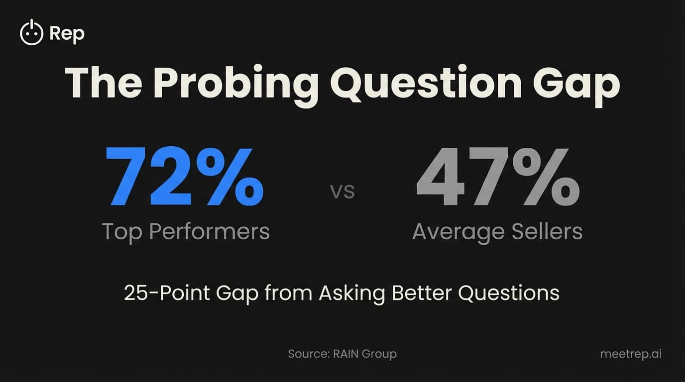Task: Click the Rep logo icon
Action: [31, 33]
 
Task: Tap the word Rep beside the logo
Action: [67, 34]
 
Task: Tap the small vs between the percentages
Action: [342, 192]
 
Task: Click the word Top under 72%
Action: [122, 231]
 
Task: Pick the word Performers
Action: [209, 231]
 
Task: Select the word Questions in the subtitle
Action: [508, 293]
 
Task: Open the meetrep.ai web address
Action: [631, 354]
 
